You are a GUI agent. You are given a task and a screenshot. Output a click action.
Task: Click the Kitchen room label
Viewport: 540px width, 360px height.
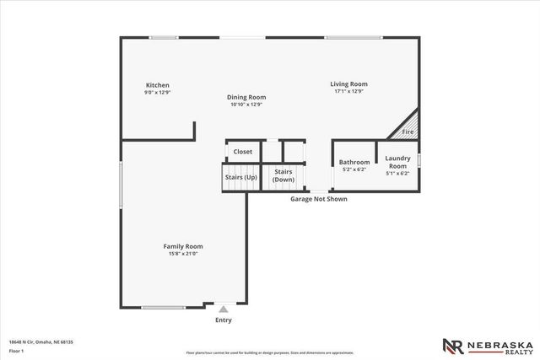[x=158, y=85]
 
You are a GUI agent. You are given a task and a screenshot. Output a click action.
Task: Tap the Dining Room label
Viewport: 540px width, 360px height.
[x=246, y=97]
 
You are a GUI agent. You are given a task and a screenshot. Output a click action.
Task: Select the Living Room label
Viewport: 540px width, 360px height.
[x=348, y=83]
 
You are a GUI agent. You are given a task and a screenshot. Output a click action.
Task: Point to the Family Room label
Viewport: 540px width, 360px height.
[x=183, y=246]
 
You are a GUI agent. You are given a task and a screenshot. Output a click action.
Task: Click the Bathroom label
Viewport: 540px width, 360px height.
[x=354, y=162]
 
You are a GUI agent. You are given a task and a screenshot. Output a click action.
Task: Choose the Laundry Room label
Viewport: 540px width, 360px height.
[x=397, y=162]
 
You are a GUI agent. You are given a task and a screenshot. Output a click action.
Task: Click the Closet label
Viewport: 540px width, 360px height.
[x=243, y=152]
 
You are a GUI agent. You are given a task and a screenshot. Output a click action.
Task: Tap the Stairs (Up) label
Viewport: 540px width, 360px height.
[x=240, y=177]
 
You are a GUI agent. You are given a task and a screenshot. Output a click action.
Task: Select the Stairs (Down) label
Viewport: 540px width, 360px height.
[x=283, y=176]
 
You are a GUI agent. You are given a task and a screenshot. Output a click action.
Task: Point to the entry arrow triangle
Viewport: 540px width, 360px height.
[x=224, y=309]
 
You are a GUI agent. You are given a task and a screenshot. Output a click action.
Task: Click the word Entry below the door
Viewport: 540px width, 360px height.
[x=224, y=320]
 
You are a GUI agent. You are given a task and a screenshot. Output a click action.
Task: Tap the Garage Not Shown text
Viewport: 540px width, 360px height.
[x=319, y=199]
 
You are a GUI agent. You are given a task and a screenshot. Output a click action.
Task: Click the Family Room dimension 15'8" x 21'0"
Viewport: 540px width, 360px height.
[x=183, y=254]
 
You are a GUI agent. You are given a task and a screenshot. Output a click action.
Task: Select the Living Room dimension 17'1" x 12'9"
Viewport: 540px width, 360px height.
[x=348, y=91]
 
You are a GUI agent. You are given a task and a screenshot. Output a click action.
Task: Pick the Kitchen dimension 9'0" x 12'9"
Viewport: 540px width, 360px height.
[x=158, y=93]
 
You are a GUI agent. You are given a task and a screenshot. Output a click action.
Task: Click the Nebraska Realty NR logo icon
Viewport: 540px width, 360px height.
[x=453, y=346]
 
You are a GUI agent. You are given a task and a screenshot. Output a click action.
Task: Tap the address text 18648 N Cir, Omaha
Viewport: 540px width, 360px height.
[x=41, y=341]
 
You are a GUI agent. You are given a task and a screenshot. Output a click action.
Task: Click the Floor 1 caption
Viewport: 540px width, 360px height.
[x=17, y=350]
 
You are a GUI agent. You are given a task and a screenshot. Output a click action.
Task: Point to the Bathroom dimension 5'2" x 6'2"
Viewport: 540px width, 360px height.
[x=354, y=169]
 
